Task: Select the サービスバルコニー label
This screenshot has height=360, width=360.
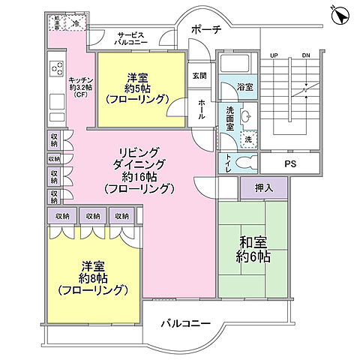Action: pos(133,39)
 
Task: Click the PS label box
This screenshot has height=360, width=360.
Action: pos(289,163)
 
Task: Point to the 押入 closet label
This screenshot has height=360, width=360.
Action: pos(253,188)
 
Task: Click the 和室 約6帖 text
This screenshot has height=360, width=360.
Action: pos(252,250)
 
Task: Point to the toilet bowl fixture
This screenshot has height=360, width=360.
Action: pos(243,163)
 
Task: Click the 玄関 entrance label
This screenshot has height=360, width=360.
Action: pos(199,75)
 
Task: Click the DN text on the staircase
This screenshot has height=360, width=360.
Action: pos(305,55)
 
